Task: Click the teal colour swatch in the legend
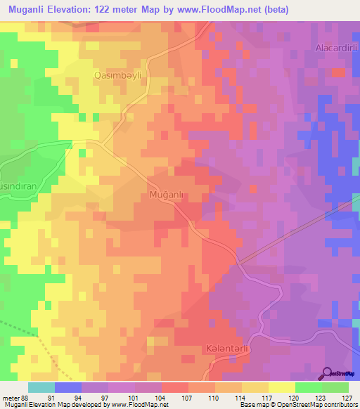41,387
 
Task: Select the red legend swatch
174,387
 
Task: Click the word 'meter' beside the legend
11,397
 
